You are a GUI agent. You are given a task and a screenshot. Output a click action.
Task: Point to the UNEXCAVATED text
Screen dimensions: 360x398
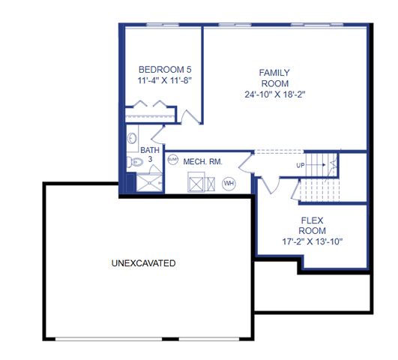(x=143, y=264)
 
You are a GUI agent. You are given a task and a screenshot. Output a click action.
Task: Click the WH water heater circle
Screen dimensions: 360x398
(x=229, y=183)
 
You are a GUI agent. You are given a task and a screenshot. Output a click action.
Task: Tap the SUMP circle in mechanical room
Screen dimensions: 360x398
(x=172, y=159)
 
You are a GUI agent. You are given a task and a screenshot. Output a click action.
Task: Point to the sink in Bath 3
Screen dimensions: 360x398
(x=132, y=139)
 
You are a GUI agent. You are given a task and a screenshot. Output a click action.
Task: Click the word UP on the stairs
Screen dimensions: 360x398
(x=301, y=165)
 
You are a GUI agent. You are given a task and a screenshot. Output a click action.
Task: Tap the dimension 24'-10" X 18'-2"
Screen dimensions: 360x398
(x=274, y=94)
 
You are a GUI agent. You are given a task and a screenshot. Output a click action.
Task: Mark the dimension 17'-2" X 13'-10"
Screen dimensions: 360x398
(x=311, y=242)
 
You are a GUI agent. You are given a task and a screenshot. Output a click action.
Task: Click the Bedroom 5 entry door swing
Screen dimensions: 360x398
(x=190, y=114)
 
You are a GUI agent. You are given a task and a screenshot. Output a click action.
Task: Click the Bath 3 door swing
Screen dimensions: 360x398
(x=158, y=135)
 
